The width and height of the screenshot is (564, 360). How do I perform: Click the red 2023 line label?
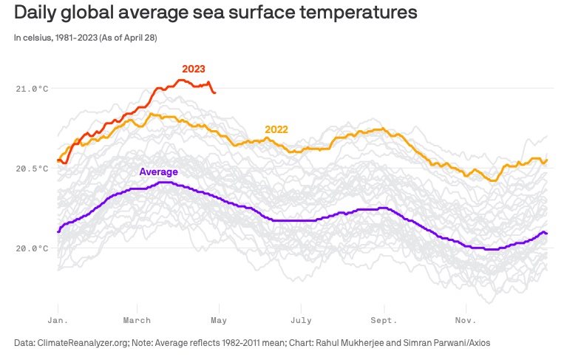pos(194,69)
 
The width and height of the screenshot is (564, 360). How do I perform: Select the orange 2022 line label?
pos(276,129)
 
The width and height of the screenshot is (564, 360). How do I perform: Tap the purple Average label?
pos(158,171)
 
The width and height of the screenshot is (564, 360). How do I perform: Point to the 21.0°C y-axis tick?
pos(32,89)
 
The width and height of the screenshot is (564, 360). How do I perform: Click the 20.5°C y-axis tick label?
pos(32,169)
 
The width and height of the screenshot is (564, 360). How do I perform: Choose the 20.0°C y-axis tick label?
pos(32,248)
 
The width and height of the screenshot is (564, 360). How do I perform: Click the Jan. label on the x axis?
pos(58,320)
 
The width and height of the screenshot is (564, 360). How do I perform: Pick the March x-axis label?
pos(137,320)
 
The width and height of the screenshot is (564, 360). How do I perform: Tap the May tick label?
pos(219,320)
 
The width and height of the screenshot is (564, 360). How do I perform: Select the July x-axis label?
pos(300,320)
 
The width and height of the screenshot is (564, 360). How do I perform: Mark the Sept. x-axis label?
pos(384,320)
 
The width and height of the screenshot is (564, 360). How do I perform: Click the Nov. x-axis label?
pos(464,320)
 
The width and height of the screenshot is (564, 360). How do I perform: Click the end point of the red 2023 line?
pos(214,92)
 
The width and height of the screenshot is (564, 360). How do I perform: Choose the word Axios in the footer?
pos(476,342)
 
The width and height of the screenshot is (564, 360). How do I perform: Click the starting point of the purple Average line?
pos(58,231)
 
